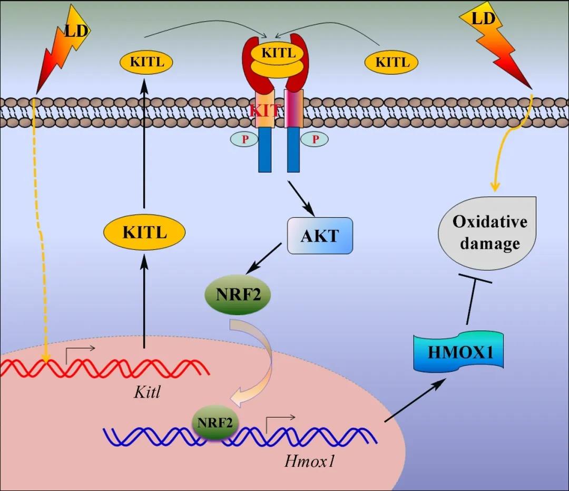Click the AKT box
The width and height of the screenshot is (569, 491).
[319, 235]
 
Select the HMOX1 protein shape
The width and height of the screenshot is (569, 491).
[460, 352]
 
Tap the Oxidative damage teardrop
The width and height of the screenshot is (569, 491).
[489, 232]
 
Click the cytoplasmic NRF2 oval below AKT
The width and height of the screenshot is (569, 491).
[237, 294]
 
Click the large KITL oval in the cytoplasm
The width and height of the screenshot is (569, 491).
[144, 232]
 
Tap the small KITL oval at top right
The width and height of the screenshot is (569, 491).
[391, 63]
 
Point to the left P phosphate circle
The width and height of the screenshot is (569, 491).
[244, 139]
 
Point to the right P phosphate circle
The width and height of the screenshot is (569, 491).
[315, 139]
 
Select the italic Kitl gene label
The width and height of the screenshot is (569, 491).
[146, 393]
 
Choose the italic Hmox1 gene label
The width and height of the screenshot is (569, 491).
[310, 461]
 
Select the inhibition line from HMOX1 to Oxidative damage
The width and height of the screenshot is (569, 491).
[472, 301]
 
